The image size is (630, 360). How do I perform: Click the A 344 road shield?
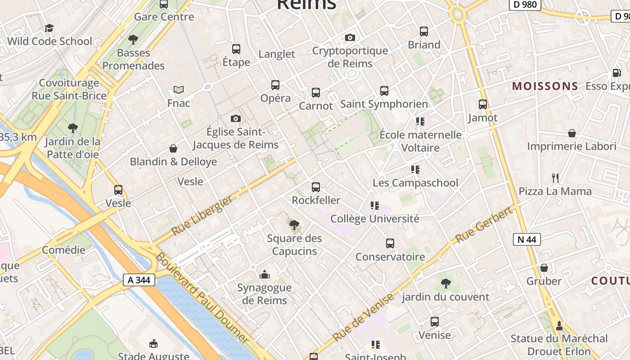coord(139,280)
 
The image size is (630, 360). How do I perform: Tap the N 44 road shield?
coord(526,239)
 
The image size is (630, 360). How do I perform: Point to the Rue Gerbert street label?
coord(484,225)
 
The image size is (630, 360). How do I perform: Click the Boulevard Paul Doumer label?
coord(202,297)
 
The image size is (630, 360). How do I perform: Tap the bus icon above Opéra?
coord(275,85)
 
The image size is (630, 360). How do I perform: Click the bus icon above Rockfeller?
coord(316,187)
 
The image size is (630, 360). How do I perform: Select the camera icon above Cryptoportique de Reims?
coord(350,37)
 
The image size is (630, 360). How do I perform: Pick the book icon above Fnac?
coord(179,90)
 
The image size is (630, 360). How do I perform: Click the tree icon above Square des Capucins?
coord(294,225)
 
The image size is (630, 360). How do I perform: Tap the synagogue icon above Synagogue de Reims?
coord(265,274)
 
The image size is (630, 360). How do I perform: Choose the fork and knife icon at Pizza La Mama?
coord(555,178)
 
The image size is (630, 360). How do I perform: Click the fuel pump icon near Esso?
coord(616,72)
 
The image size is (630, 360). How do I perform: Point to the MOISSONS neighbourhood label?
coord(545,86)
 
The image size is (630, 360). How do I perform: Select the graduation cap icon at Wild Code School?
coord(49,28)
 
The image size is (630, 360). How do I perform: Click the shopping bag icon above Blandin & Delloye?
coord(173,148)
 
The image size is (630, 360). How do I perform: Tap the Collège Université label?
coord(374,219)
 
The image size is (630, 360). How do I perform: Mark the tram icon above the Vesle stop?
coord(118,189)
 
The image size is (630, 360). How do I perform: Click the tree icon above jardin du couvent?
coord(445,283)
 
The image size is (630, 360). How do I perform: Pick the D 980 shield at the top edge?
coord(525,4)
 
